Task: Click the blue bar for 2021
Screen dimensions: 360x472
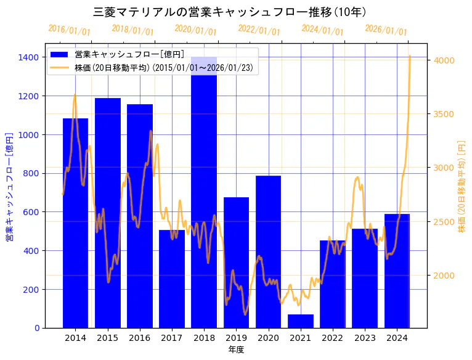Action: pyautogui.click(x=301, y=321)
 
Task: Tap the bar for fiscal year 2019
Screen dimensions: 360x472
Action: pyautogui.click(x=236, y=263)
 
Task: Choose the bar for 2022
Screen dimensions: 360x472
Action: pyautogui.click(x=333, y=284)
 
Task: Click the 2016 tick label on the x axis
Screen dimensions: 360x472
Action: pyautogui.click(x=140, y=338)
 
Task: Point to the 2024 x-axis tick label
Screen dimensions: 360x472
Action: pyautogui.click(x=397, y=338)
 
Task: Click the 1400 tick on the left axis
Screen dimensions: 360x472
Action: pyautogui.click(x=30, y=57)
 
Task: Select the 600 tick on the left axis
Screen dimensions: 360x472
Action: pyautogui.click(x=33, y=212)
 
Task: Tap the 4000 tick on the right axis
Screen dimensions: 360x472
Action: pyautogui.click(x=444, y=60)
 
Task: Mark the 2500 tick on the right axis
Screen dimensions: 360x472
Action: pyautogui.click(x=444, y=221)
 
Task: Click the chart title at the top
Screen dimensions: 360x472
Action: pyautogui.click(x=229, y=12)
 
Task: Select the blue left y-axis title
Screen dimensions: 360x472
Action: pyautogui.click(x=9, y=186)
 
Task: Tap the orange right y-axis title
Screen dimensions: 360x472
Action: pyautogui.click(x=462, y=186)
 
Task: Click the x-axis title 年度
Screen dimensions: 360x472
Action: pyautogui.click(x=236, y=350)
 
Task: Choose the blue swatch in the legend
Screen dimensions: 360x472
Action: pyautogui.click(x=60, y=54)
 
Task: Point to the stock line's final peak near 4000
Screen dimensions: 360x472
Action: pyautogui.click(x=410, y=56)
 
